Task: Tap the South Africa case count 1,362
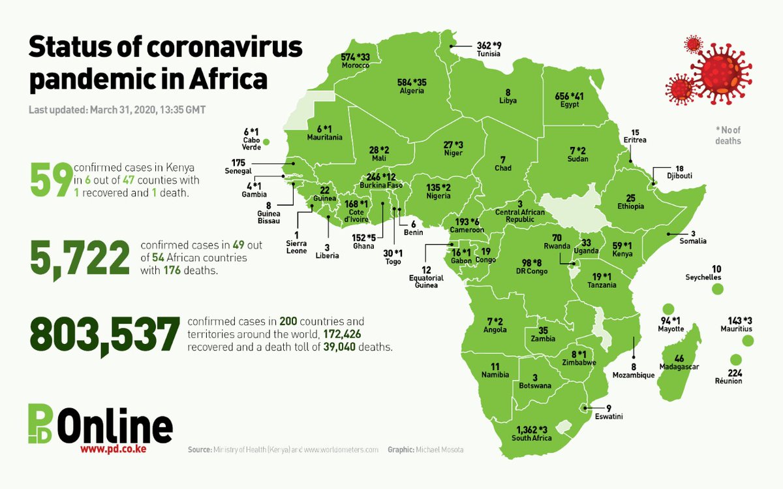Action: [527, 429]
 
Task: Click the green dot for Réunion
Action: [735, 360]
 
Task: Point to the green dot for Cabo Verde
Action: [266, 141]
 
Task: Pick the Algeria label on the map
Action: [412, 91]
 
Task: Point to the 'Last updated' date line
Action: [117, 110]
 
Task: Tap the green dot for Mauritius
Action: [748, 341]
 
